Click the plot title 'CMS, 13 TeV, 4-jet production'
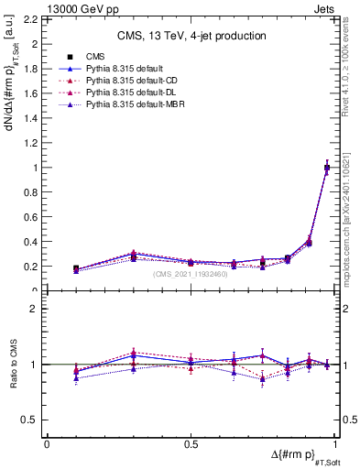191,36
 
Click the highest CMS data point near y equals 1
327,168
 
